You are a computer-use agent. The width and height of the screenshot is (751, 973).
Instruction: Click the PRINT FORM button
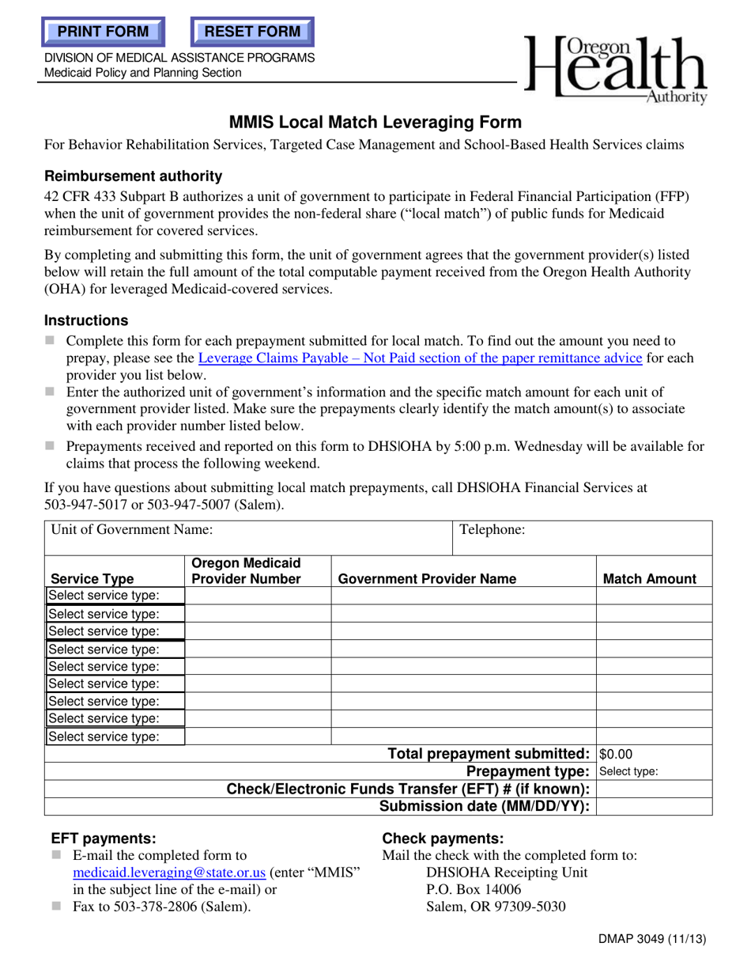(104, 32)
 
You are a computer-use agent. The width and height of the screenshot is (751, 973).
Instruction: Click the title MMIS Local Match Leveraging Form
(375, 122)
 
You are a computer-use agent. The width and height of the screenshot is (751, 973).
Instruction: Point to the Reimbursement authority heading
(133, 176)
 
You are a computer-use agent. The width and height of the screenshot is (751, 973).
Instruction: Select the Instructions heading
(86, 320)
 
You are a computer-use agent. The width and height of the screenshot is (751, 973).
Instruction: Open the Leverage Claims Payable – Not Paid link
(419, 358)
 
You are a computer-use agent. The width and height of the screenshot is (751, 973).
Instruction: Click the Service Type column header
(92, 578)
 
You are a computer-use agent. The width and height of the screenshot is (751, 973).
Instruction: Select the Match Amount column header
(650, 578)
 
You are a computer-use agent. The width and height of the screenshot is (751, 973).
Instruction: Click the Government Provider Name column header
(427, 578)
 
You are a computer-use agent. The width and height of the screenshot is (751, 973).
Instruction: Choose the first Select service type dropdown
(115, 596)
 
